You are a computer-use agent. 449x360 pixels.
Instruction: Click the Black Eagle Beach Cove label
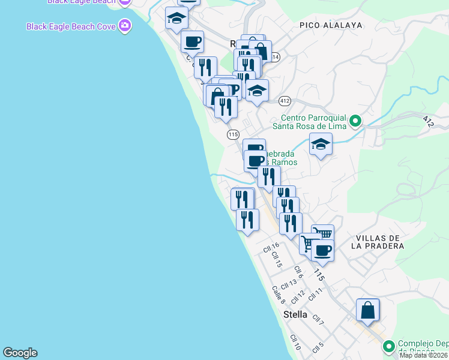[71, 26]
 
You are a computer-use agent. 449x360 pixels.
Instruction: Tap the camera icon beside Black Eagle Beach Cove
[125, 26]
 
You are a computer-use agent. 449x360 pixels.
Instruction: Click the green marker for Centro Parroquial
[355, 121]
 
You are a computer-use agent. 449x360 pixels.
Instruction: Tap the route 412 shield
[285, 100]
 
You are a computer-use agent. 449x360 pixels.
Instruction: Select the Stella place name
[295, 314]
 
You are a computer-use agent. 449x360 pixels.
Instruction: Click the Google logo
[20, 353]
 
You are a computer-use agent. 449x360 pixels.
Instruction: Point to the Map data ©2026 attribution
[424, 355]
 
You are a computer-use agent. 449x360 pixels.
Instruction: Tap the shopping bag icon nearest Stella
[368, 310]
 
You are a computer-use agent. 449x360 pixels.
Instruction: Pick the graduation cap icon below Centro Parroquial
[321, 145]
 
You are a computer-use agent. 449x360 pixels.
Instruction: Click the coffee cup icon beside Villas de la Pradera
[322, 250]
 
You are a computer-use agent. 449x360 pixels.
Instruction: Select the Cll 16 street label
[271, 246]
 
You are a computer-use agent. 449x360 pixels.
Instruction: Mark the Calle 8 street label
[278, 293]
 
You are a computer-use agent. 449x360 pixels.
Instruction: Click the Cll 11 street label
[316, 294]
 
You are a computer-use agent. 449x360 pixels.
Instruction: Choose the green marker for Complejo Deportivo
[388, 346]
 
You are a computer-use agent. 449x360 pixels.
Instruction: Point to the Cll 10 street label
[295, 343]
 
